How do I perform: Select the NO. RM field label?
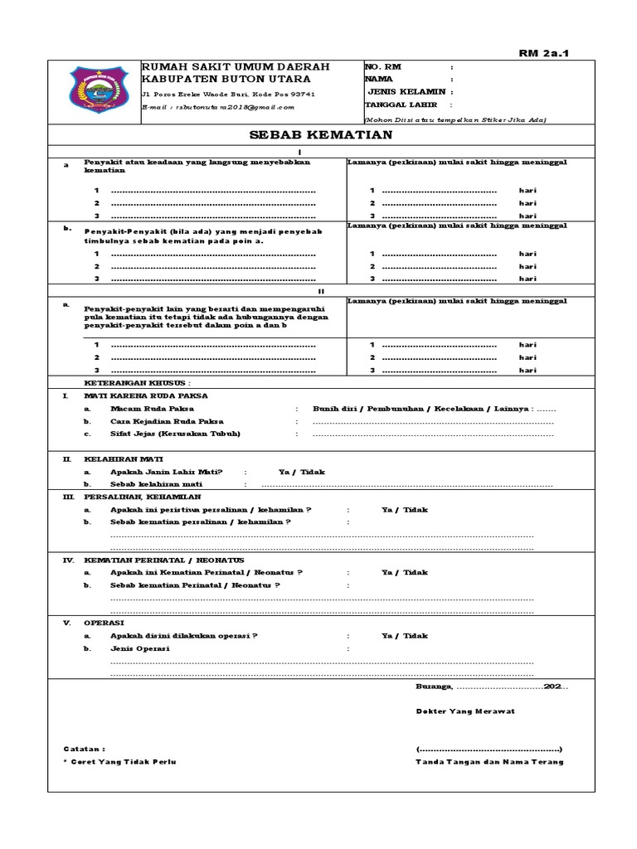point(382,66)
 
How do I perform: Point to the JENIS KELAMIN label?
point(406,92)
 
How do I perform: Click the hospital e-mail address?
point(217,107)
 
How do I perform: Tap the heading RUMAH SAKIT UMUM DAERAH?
point(236,66)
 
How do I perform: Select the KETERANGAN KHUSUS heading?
point(138,384)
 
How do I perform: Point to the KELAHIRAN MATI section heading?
point(124,458)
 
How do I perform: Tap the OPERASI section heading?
point(105,623)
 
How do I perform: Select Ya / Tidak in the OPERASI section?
point(405,636)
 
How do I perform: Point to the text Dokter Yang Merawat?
point(465,711)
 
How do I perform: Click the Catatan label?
point(85,749)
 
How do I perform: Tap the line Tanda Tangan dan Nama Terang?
point(489,762)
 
